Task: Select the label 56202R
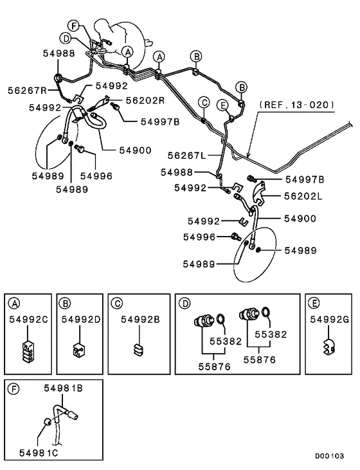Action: [145, 100]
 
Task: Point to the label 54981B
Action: [63, 388]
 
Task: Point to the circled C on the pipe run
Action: [204, 102]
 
